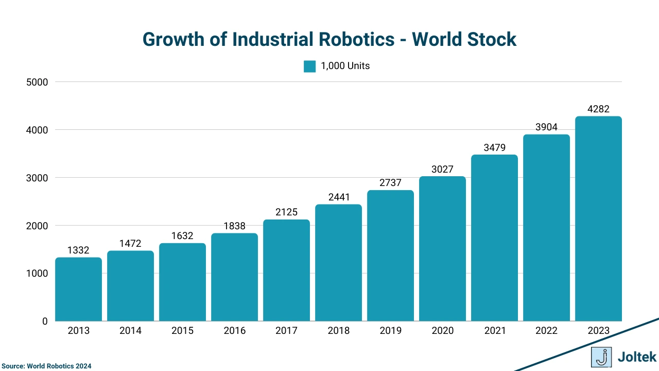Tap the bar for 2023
pos(598,218)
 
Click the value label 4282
pos(598,109)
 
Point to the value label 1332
pos(78,250)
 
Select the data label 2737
pos(390,183)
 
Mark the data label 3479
pos(494,148)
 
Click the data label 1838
pos(234,226)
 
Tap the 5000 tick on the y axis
pos(37,82)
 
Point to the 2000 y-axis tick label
pos(37,226)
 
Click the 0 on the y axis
pos(45,322)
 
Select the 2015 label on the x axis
pos(182,331)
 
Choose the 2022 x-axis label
pos(546,331)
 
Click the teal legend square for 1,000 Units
pos(309,66)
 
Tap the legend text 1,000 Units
pos(345,66)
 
